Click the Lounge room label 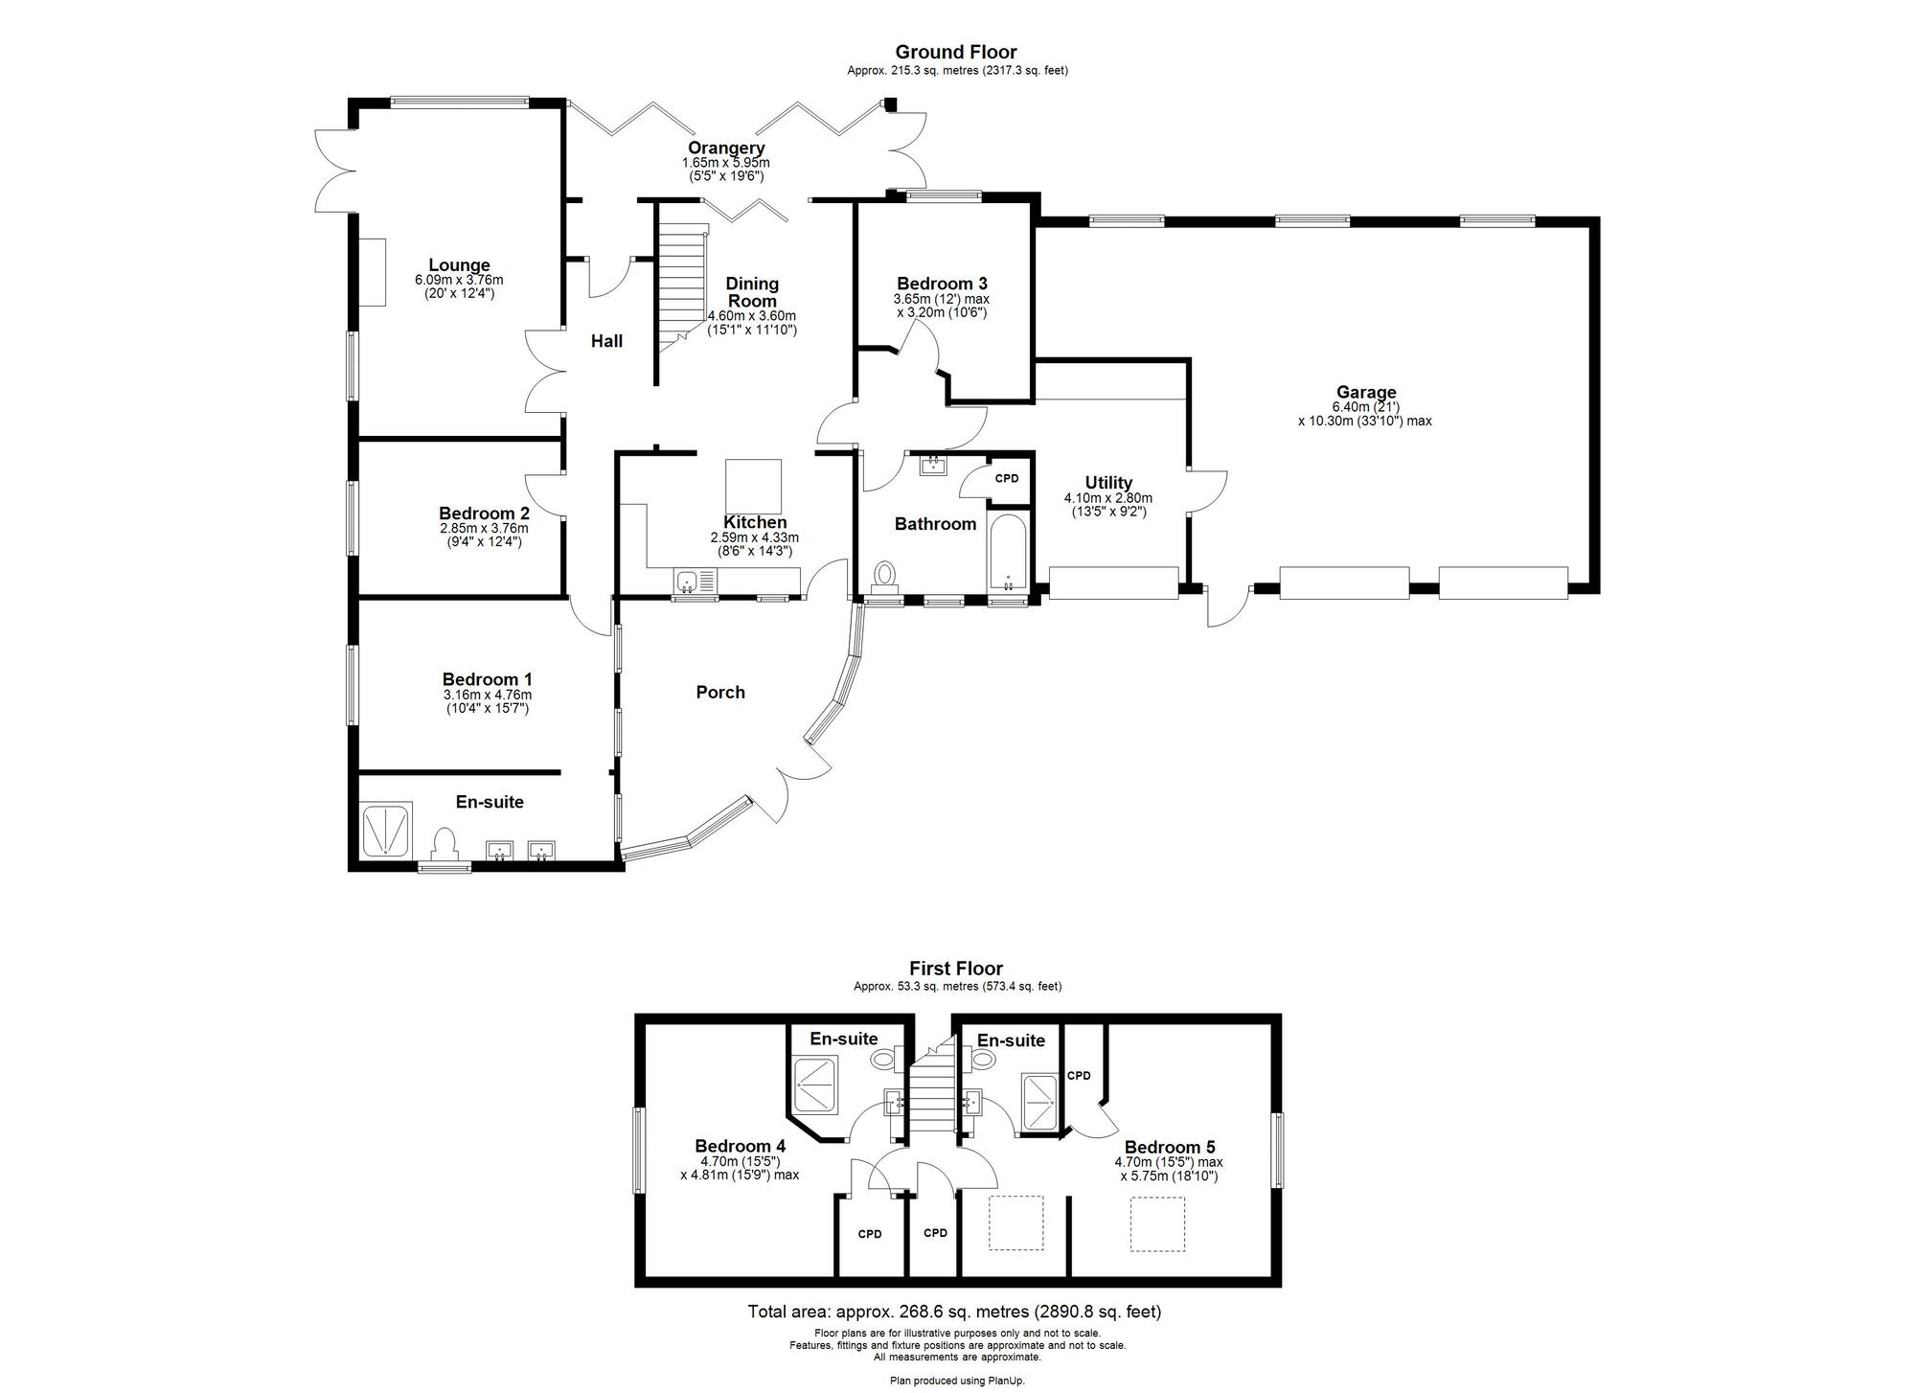pyautogui.click(x=459, y=265)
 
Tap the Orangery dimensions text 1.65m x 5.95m pyautogui.click(x=725, y=163)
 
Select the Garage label pyautogui.click(x=1366, y=392)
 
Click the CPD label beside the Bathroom pyautogui.click(x=1007, y=478)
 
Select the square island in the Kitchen pyautogui.click(x=753, y=486)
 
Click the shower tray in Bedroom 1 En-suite pyautogui.click(x=386, y=830)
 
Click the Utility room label pyautogui.click(x=1108, y=483)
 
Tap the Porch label pyautogui.click(x=720, y=692)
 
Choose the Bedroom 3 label pyautogui.click(x=942, y=284)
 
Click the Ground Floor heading pyautogui.click(x=956, y=52)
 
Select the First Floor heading pyautogui.click(x=956, y=969)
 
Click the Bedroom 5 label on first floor pyautogui.click(x=1170, y=1147)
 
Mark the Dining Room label pyautogui.click(x=752, y=292)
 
